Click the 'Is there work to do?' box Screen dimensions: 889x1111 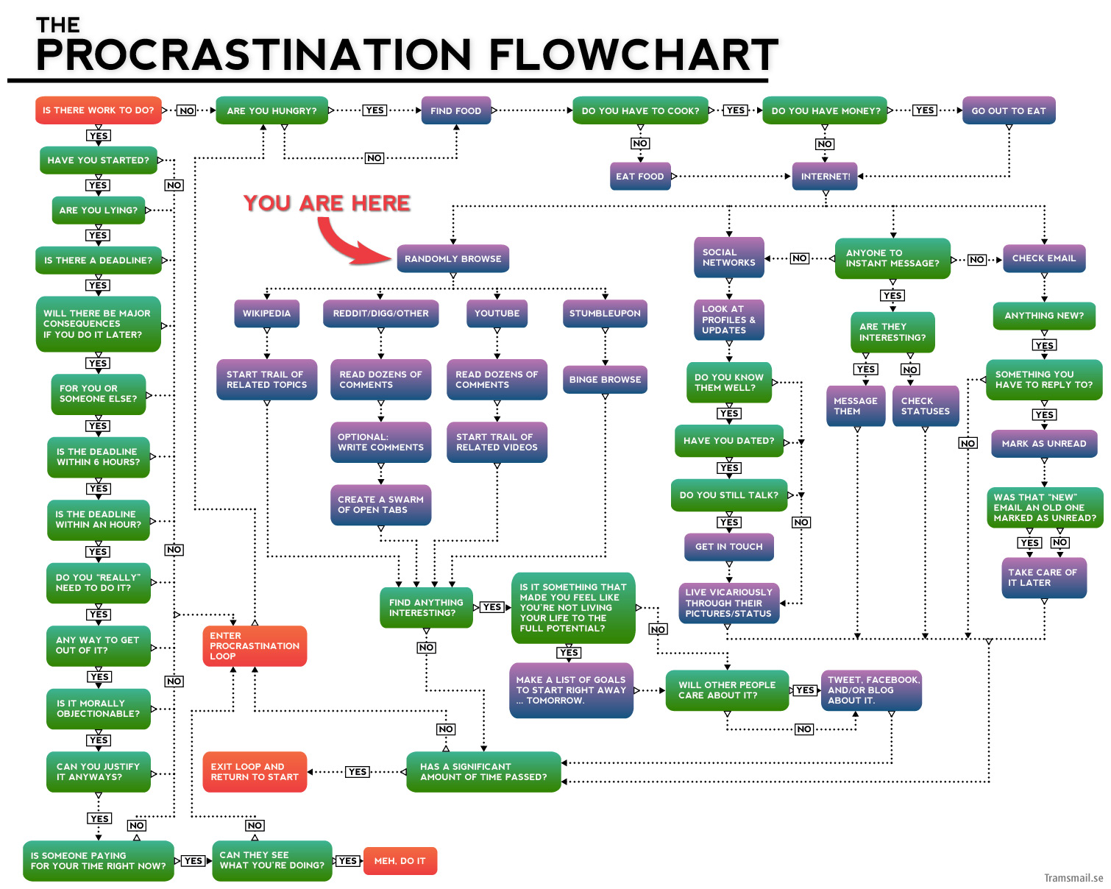click(x=98, y=110)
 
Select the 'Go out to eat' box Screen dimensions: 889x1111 click(x=1008, y=110)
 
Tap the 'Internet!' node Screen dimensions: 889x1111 click(x=825, y=177)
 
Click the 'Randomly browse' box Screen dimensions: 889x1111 click(x=452, y=258)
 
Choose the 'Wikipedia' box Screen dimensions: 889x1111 click(x=266, y=313)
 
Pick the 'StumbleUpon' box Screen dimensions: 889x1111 click(x=605, y=313)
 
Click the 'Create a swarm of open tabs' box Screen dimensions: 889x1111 click(x=380, y=504)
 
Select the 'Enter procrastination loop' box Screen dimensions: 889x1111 click(x=254, y=645)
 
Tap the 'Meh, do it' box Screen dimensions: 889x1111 click(x=400, y=860)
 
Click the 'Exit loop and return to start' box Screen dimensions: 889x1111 click(x=254, y=771)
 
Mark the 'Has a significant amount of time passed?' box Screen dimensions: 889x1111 click(x=483, y=771)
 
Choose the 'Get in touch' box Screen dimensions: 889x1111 click(x=728, y=546)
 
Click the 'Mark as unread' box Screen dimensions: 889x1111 click(x=1043, y=443)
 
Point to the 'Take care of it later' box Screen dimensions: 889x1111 click(x=1043, y=577)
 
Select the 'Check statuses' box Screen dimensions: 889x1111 click(x=925, y=405)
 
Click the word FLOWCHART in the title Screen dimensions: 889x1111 click(x=633, y=54)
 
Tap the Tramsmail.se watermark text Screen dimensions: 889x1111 click(x=1073, y=877)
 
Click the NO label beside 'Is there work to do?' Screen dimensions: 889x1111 click(x=186, y=110)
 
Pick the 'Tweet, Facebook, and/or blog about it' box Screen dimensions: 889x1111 click(x=871, y=690)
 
